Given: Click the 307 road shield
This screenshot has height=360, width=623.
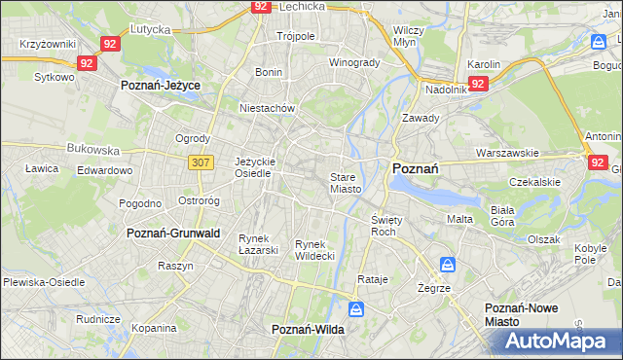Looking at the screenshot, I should pos(201,162).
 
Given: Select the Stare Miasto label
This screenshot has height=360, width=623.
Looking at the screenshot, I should pos(346,183).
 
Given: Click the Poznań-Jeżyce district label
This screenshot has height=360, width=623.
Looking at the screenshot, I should pos(160,86).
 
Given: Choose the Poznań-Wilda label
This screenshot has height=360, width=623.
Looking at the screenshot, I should pos(307,331).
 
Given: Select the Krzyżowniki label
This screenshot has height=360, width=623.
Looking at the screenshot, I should pos(48,45).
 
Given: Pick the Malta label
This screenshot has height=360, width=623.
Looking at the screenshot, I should pos(459,219).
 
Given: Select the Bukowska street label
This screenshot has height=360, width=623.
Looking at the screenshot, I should pos(93,151).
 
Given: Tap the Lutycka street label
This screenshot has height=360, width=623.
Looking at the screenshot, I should pos(151,30).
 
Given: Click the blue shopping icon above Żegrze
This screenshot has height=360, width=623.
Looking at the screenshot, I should pos(447,264).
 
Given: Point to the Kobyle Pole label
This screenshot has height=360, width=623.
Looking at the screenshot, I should pos(590,254).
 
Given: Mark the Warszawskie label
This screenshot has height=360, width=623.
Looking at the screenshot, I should pos(507,153).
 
